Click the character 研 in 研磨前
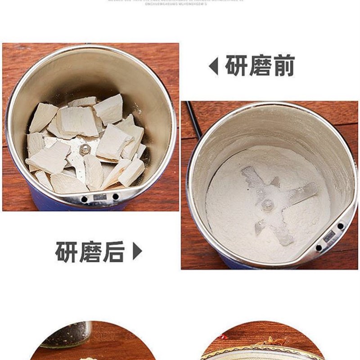(237, 66)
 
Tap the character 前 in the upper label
(283, 66)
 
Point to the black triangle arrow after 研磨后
(138, 252)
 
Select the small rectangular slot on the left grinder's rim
(99, 198)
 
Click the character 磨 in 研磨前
(260, 66)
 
